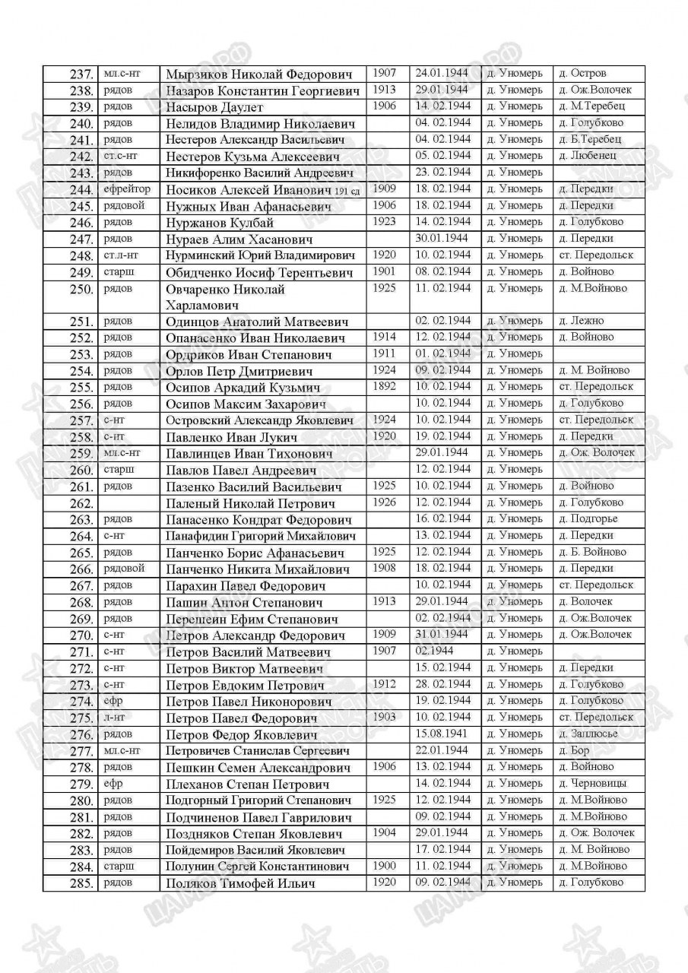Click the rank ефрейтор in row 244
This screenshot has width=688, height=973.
point(127,189)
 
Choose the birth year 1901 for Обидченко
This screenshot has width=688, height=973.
point(385,271)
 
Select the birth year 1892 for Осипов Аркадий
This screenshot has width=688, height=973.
point(385,386)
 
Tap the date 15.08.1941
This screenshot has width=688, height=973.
point(441,734)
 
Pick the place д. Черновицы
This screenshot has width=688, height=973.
point(591,783)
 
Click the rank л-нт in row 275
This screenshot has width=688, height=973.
point(114,717)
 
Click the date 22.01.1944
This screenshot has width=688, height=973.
point(441,750)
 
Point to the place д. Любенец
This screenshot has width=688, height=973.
point(588,156)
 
